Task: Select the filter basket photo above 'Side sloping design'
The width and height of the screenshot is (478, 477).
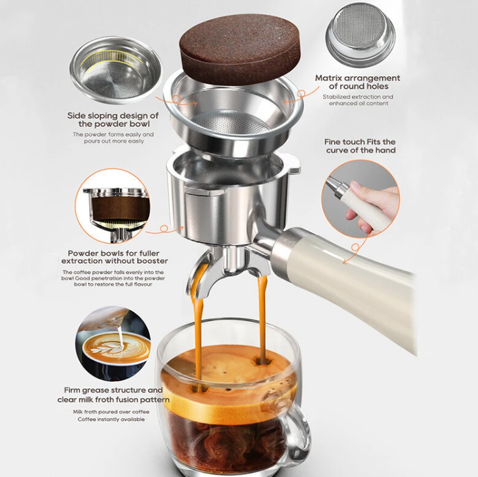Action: (116, 70)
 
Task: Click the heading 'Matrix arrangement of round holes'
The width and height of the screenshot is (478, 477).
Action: (358, 82)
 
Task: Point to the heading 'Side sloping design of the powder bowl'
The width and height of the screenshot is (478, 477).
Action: (113, 119)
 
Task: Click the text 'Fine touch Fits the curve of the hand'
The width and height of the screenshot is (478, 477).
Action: (360, 146)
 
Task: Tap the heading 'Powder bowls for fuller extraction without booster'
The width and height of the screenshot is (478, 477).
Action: (115, 257)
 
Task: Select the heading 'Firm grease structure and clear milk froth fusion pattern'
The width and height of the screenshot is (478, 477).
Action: (113, 395)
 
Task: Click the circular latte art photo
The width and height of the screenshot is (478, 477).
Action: (113, 343)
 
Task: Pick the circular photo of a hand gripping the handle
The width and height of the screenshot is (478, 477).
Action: (360, 199)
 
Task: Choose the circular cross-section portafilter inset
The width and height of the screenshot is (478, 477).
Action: (113, 206)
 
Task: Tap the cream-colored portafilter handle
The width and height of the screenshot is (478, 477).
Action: (344, 283)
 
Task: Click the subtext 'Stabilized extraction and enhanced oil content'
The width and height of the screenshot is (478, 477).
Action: (358, 100)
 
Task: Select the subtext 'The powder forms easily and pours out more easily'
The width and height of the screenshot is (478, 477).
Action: (113, 137)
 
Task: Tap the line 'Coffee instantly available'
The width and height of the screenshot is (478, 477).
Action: (111, 420)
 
